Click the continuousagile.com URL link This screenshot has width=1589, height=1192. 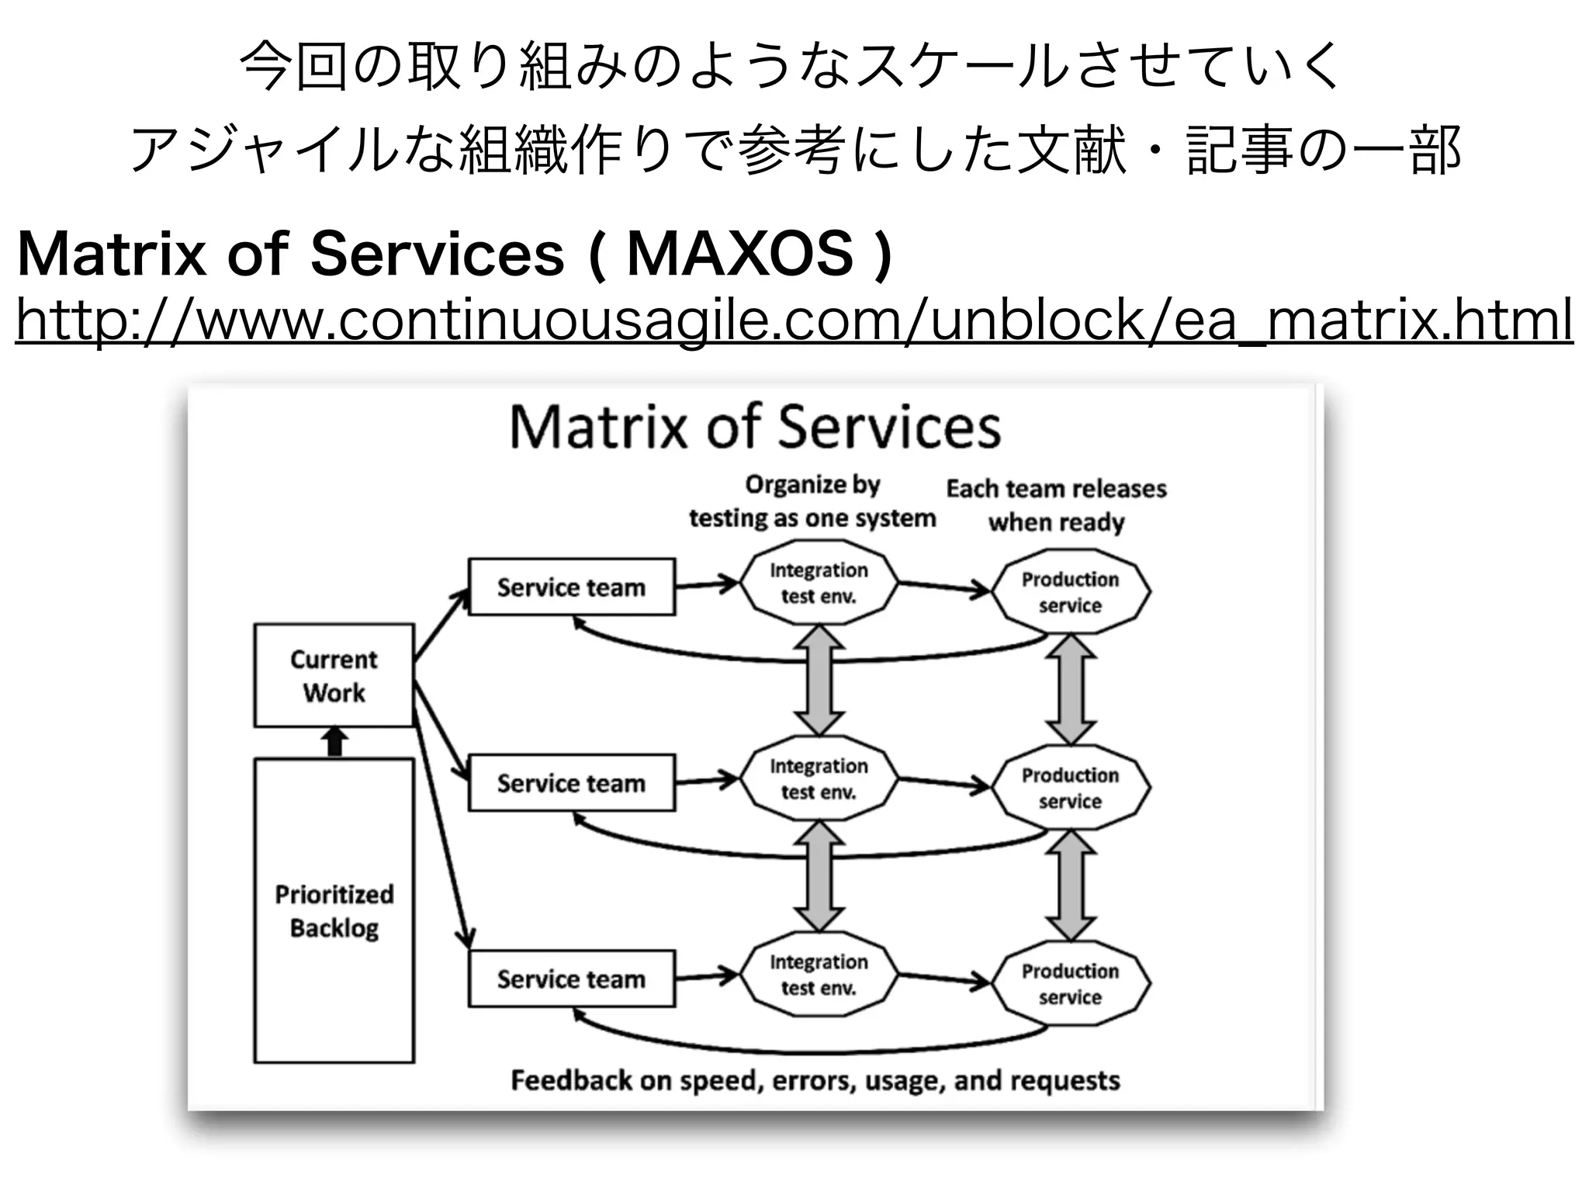click(x=794, y=321)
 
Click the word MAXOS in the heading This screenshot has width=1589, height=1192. click(x=739, y=254)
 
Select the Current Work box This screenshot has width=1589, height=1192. click(x=334, y=675)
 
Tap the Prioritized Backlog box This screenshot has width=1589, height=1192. click(x=334, y=910)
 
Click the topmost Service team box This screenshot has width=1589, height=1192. click(x=571, y=587)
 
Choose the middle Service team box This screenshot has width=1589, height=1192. click(x=571, y=783)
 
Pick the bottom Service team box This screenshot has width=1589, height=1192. click(x=571, y=979)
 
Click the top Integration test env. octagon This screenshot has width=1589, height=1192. click(x=819, y=583)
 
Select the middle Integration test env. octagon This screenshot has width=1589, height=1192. click(x=819, y=778)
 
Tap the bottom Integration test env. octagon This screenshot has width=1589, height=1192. click(x=819, y=974)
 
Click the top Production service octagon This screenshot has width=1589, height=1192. click(x=1070, y=592)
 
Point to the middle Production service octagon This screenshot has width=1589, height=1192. click(x=1070, y=788)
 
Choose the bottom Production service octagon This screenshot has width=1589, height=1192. click(x=1070, y=983)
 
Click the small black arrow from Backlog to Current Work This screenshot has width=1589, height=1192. click(x=334, y=742)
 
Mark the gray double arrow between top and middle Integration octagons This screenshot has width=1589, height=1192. click(x=819, y=681)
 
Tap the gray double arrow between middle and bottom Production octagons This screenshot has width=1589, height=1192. click(x=1071, y=885)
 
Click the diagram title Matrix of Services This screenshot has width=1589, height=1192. click(x=755, y=428)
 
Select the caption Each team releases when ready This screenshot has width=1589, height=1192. click(x=1056, y=505)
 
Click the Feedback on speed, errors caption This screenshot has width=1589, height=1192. click(x=815, y=1080)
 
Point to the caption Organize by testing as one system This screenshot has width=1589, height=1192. click(x=812, y=501)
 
